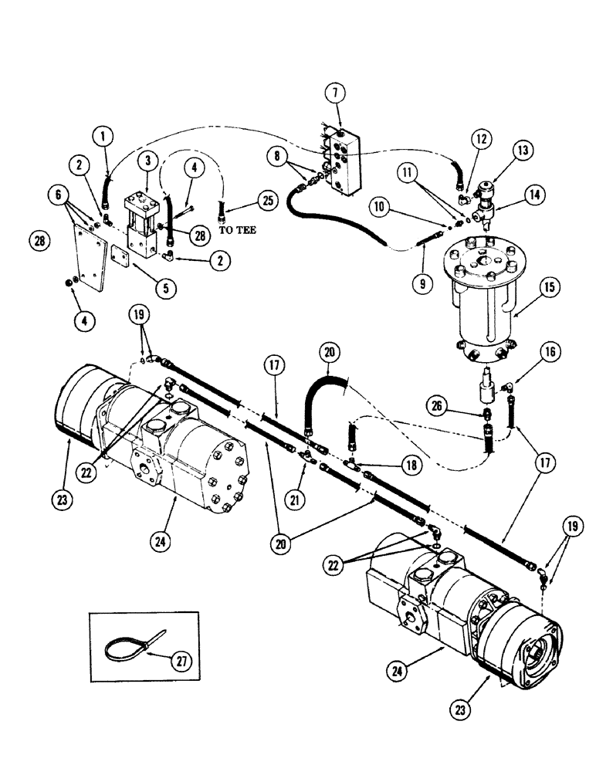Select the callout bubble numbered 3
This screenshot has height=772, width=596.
click(x=147, y=161)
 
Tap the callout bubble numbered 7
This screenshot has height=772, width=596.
click(x=335, y=93)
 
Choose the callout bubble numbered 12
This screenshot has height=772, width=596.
click(x=482, y=140)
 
